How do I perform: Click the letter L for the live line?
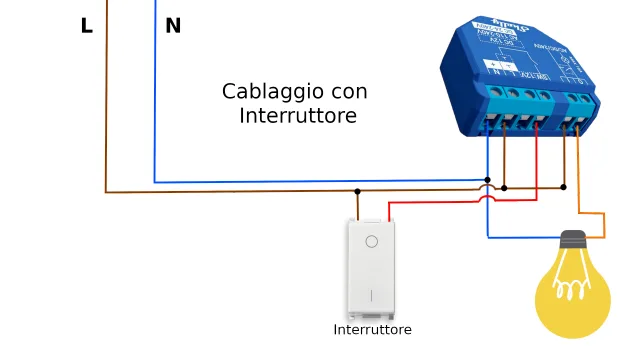[87, 27]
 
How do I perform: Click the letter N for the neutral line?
[173, 27]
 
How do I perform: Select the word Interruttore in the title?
[298, 116]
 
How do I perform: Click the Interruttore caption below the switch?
[372, 329]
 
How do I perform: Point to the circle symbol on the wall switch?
[372, 241]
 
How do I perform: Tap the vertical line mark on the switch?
[372, 295]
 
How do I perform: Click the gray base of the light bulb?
[573, 240]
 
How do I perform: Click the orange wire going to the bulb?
[603, 225]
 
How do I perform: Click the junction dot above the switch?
[357, 190]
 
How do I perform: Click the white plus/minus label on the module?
[495, 66]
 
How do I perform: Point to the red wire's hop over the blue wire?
[488, 199]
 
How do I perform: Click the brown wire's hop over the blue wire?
[487, 186]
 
